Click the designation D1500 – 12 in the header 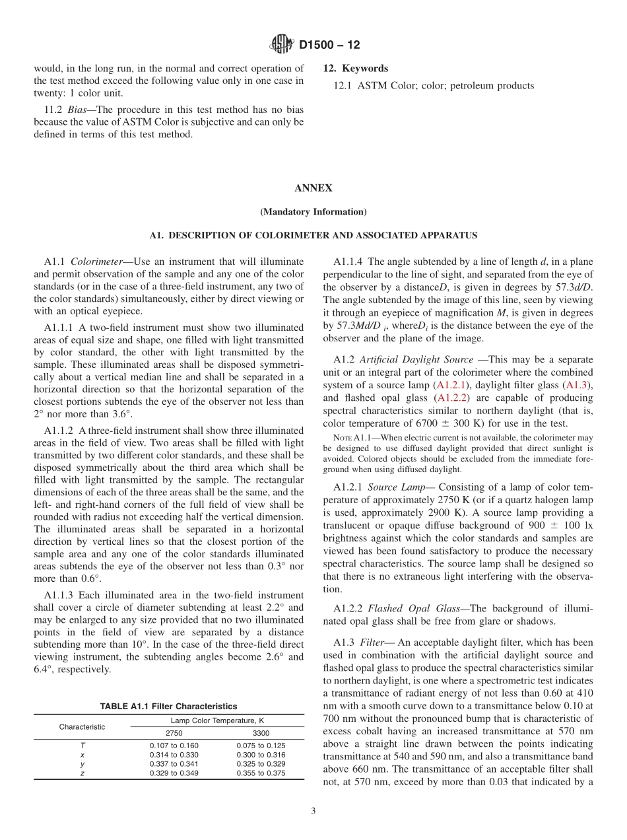click(x=329, y=46)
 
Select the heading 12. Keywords click(x=356, y=69)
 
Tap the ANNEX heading click(x=313, y=188)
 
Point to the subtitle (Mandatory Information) click(x=313, y=212)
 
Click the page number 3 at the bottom click(x=313, y=812)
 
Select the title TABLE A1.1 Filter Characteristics click(x=168, y=707)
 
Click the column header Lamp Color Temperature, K click(x=217, y=721)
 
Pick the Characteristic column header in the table click(x=82, y=727)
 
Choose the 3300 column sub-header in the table click(x=261, y=733)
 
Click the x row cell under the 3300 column click(x=261, y=755)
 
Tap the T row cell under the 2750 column click(x=174, y=746)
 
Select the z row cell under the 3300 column click(x=261, y=773)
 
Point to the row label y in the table click(x=82, y=764)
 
